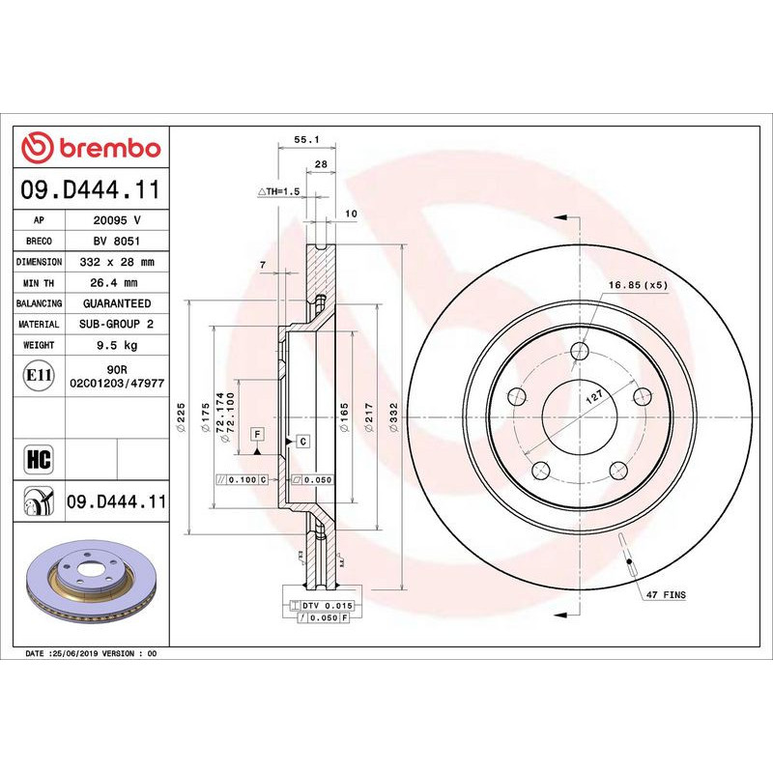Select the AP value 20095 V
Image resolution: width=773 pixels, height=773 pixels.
pos(117,219)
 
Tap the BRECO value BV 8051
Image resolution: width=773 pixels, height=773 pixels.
pos(117,241)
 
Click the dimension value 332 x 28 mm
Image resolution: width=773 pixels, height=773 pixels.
pos(117,262)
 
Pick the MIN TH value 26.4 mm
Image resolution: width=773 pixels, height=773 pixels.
pos(117,283)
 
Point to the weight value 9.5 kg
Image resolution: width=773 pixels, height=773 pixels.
pos(117,345)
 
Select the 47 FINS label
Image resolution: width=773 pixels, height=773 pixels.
pos(667,595)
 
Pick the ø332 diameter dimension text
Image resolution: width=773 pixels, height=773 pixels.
pos(392,420)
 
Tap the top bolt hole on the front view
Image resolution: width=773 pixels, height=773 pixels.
pos(580,352)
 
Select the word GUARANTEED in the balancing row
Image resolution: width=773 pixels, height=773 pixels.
pos(117,303)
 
